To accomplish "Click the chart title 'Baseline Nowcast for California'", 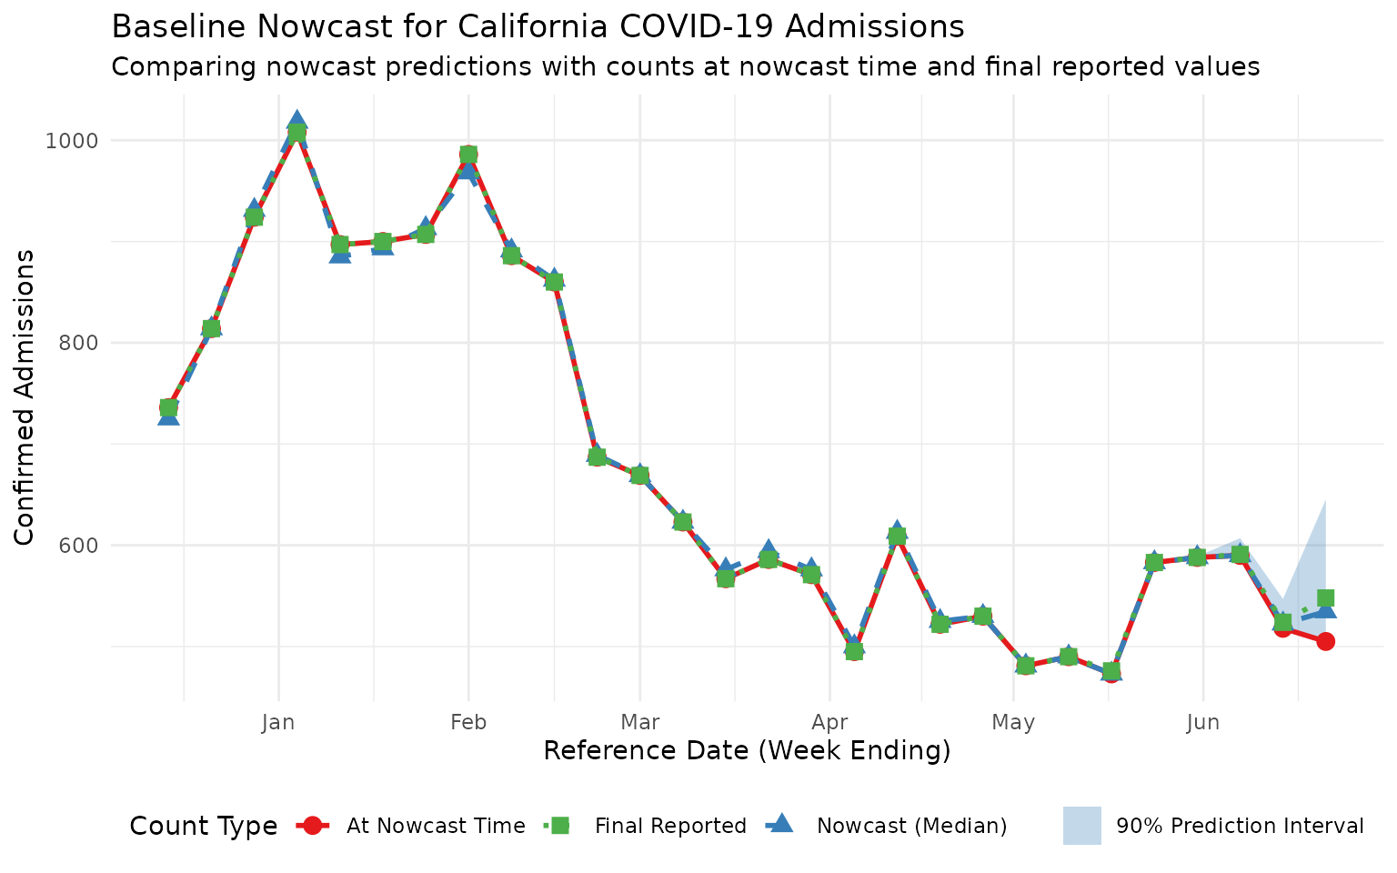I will tap(537, 26).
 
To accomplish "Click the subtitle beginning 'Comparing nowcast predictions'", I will tap(685, 66).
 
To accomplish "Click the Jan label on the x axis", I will tap(278, 722).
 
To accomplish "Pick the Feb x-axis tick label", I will tap(468, 722).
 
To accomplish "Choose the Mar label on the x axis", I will tap(639, 722).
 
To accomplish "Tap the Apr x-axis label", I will tap(829, 722).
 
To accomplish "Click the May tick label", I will tap(1013, 722).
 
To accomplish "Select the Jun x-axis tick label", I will tap(1203, 722).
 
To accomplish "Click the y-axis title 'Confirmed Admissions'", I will tap(25, 396).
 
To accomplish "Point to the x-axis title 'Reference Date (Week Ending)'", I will tap(747, 751).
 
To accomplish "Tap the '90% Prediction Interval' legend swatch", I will tap(1082, 826).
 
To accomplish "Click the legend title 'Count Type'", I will tap(203, 826).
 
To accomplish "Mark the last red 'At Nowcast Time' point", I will tap(1325, 641).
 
